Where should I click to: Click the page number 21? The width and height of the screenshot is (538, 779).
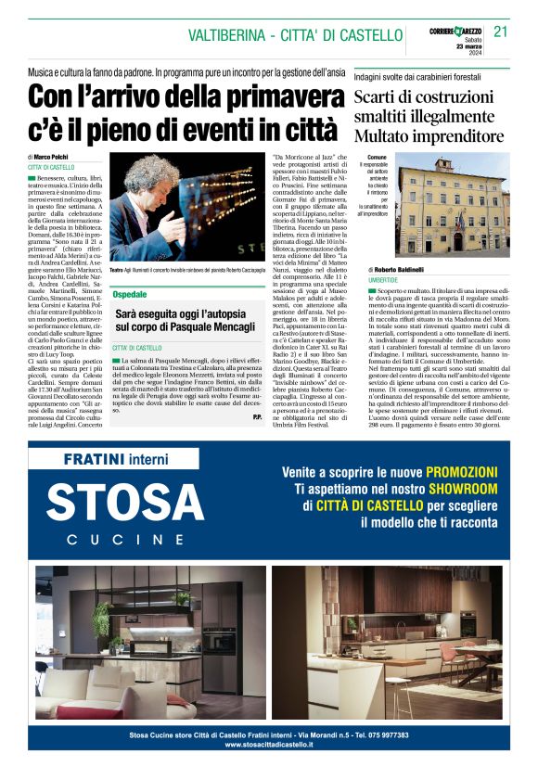(x=501, y=32)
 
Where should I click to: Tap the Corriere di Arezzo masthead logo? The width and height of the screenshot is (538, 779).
(x=456, y=32)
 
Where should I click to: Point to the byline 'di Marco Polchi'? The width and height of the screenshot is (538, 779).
(x=52, y=157)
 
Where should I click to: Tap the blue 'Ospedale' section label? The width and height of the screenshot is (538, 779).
(x=130, y=294)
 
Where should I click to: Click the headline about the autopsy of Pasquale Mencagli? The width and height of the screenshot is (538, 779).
(x=185, y=322)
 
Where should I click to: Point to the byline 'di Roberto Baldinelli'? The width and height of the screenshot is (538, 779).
(x=407, y=270)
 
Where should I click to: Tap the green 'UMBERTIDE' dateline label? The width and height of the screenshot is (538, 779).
(x=382, y=279)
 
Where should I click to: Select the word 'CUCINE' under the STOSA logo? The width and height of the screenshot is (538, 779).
(x=125, y=539)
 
